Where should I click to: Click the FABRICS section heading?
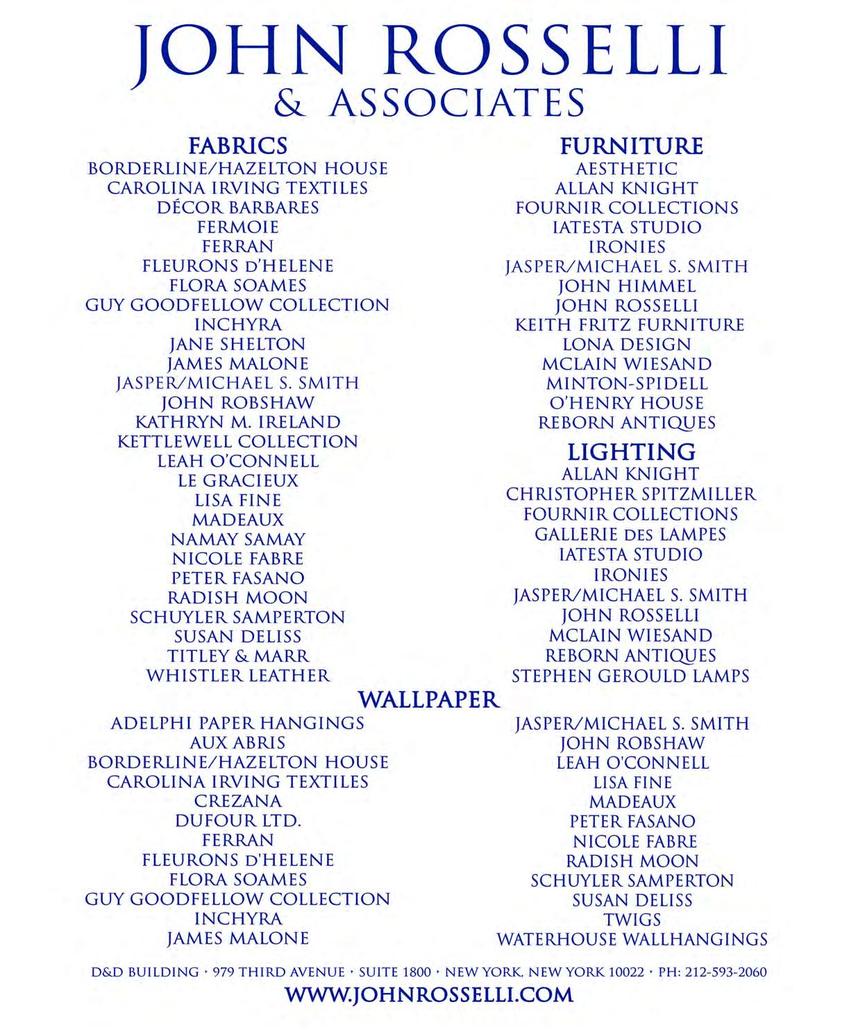(237, 146)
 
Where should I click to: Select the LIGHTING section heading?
(631, 452)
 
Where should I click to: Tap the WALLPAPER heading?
(429, 699)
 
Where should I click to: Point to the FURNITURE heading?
(631, 146)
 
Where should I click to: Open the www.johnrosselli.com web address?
(429, 994)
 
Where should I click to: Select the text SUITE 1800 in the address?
(394, 972)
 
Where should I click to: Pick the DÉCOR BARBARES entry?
(237, 207)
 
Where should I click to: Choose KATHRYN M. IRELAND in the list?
(237, 422)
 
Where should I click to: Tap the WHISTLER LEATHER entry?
(237, 675)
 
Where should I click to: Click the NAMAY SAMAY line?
(237, 538)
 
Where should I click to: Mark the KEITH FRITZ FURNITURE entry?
(629, 325)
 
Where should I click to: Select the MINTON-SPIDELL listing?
(627, 383)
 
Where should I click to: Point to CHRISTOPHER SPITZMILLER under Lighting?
(630, 494)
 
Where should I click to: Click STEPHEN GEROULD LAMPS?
(630, 676)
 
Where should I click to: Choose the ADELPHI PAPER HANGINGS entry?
(237, 723)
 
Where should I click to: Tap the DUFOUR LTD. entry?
(237, 820)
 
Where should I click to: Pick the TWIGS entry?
(632, 919)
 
